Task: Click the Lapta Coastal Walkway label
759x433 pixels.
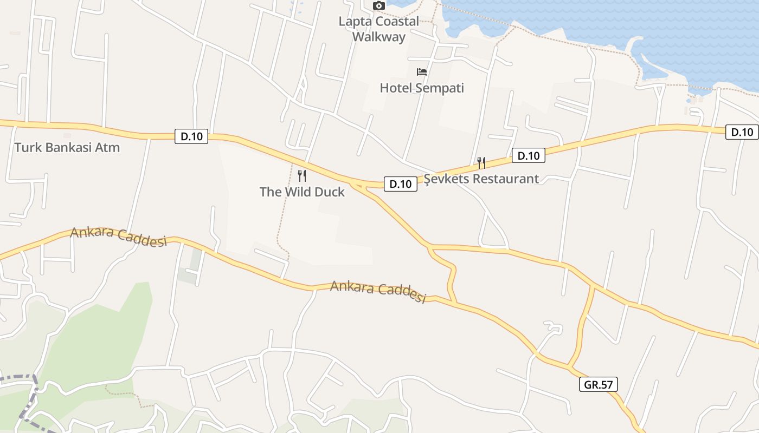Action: pos(378,29)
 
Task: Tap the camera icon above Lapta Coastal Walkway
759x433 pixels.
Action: pos(378,5)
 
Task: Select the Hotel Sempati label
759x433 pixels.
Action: pos(422,88)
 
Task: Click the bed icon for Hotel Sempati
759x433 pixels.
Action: pos(422,72)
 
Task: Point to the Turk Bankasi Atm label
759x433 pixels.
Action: pos(67,147)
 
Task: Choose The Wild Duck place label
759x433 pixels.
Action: pos(302,192)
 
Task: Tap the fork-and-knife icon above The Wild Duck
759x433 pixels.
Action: pos(302,175)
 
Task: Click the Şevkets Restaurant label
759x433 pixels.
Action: pos(481,179)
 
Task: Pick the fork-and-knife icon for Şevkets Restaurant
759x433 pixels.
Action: pos(481,162)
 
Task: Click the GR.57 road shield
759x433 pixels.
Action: pos(599,384)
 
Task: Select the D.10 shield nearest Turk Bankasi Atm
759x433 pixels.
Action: pos(191,136)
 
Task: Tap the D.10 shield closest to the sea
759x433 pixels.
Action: pos(742,132)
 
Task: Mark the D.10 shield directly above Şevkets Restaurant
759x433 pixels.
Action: pos(528,156)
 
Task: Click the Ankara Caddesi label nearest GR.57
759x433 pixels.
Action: pos(378,292)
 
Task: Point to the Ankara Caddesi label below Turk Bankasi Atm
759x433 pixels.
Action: pos(118,237)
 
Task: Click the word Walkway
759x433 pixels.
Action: pos(378,37)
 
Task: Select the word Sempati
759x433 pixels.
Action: pos(440,88)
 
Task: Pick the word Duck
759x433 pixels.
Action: pos(327,192)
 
